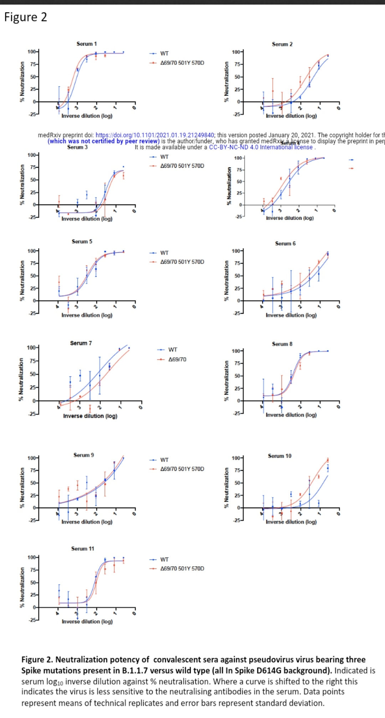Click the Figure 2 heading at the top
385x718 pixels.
pyautogui.click(x=25, y=17)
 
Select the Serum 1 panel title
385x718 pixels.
pyautogui.click(x=87, y=44)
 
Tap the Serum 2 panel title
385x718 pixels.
pyautogui.click(x=282, y=44)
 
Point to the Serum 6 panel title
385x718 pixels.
pyautogui.click(x=285, y=244)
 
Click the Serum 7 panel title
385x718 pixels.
pyautogui.click(x=81, y=343)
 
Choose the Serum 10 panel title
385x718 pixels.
pyautogui.click(x=279, y=456)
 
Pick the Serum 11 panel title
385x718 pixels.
pyautogui.click(x=83, y=548)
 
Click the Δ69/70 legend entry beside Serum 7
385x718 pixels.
pyautogui.click(x=177, y=359)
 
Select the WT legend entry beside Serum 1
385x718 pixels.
pyautogui.click(x=164, y=53)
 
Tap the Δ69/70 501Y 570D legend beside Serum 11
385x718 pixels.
pyautogui.click(x=182, y=568)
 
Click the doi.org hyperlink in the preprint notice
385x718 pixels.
pyautogui.click(x=155, y=135)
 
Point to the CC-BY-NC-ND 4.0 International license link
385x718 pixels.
pyautogui.click(x=261, y=147)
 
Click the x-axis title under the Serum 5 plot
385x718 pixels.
pyautogui.click(x=87, y=315)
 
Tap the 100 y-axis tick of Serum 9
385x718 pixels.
pyautogui.click(x=32, y=458)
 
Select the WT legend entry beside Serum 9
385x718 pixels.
pyautogui.click(x=164, y=460)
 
